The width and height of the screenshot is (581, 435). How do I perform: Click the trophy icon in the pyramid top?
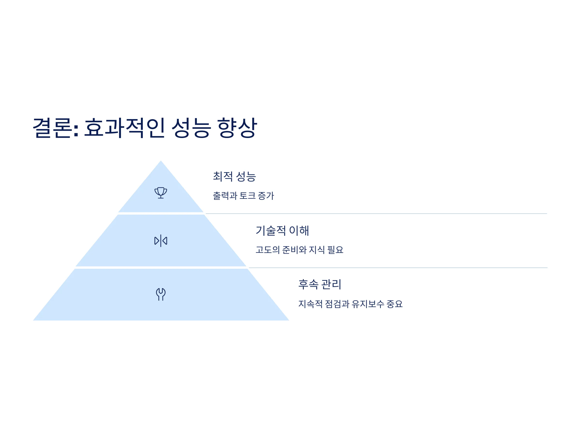pos(161,193)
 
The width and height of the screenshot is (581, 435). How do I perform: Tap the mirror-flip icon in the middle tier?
pos(161,241)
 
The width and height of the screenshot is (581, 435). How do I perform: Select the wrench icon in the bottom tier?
pos(161,294)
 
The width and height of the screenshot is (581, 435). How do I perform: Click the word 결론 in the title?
pos(53,128)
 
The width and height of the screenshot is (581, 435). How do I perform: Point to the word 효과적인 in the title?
pos(124,128)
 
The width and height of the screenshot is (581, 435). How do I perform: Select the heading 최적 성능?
pos(234,176)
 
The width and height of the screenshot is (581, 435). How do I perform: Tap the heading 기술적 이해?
pos(282,231)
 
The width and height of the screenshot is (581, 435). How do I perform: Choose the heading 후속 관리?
pos(320,284)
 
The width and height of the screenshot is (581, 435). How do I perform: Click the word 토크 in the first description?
pos(247,196)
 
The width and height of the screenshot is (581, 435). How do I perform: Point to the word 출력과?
pos(225,196)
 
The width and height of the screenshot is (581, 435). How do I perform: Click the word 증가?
pos(266,196)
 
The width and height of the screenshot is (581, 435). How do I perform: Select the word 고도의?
pos(268,250)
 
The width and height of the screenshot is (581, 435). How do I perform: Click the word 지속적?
pos(310,304)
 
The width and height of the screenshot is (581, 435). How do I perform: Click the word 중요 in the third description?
pos(395,304)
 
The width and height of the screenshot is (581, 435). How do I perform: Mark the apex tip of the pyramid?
pos(161,160)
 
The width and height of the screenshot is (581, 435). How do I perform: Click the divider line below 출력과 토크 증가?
pos(376,214)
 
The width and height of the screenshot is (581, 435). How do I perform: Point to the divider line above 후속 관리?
pos(398,268)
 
